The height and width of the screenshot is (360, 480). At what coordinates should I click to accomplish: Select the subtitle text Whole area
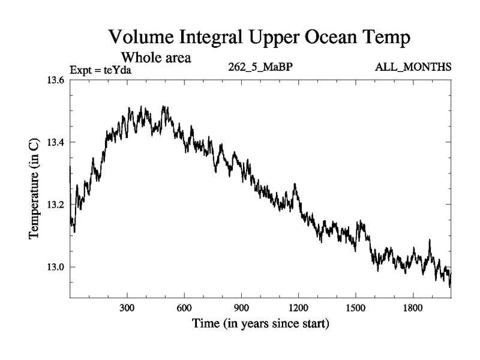click(x=156, y=58)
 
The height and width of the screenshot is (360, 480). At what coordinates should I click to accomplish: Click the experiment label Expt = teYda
click(x=100, y=70)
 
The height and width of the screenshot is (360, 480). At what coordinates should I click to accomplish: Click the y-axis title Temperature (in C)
click(x=34, y=188)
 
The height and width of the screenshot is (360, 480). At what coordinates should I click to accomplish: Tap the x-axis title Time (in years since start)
click(x=260, y=324)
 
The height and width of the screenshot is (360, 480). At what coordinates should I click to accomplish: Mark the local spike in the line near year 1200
click(x=295, y=185)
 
